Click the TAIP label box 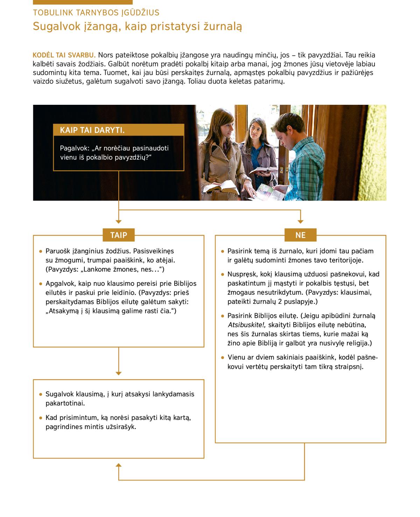119,235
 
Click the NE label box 300,235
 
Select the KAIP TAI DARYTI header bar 119,130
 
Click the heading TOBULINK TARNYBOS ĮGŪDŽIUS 96,13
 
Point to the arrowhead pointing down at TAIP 119,221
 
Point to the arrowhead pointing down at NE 300,221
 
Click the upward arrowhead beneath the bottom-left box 119,465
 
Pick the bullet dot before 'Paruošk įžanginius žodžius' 41,251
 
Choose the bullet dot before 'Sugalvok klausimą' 41,394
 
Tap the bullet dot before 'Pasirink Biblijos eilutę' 223,316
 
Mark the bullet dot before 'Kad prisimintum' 41,418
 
